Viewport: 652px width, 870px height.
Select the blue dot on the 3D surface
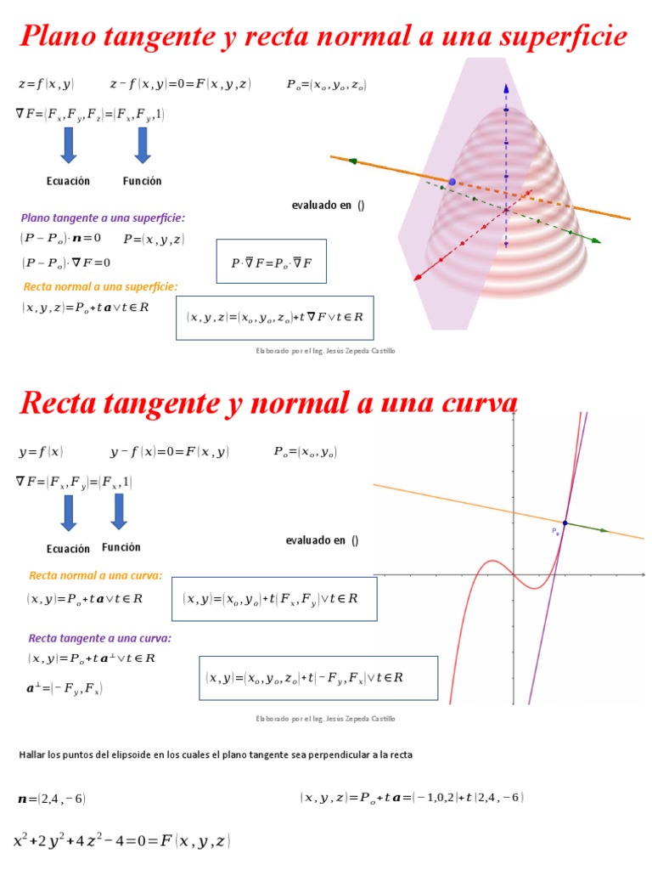point(452,182)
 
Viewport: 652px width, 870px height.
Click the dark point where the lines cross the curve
point(565,523)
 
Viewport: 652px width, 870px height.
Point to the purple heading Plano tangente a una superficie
point(103,217)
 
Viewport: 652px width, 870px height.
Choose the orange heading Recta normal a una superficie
point(100,286)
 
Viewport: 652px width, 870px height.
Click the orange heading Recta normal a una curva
point(95,575)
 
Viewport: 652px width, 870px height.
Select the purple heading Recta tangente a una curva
point(99,637)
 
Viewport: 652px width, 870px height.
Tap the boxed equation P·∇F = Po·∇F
point(271,263)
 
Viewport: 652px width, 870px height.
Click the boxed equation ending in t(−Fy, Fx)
point(318,677)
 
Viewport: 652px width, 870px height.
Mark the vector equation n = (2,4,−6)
point(52,799)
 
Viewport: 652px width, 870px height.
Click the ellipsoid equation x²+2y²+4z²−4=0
point(121,841)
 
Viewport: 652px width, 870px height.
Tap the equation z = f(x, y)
point(46,84)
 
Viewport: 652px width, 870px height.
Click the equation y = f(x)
point(41,452)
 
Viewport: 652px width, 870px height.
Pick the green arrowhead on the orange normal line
point(604,531)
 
